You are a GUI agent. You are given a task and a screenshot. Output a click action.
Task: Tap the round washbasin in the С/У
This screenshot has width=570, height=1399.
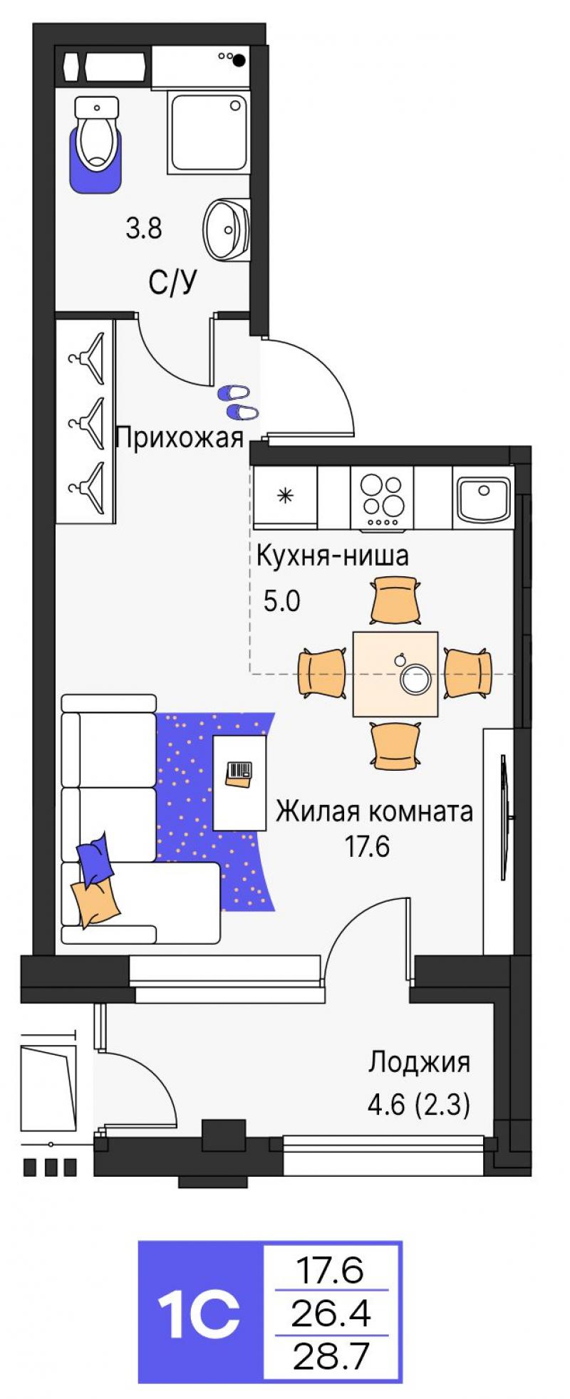coord(227,229)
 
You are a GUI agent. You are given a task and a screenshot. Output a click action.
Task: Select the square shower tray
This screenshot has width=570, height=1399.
coord(209,132)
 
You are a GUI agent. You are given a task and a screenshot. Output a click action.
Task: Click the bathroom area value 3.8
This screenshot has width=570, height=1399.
coord(144,229)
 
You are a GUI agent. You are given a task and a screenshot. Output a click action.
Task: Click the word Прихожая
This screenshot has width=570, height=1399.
coord(180,436)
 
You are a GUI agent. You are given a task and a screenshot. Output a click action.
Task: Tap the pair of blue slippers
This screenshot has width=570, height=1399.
coord(237,402)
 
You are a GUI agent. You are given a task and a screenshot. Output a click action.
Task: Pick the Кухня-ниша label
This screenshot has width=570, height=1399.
coord(332,555)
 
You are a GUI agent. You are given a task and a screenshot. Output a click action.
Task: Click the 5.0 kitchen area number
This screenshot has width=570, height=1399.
coord(282,602)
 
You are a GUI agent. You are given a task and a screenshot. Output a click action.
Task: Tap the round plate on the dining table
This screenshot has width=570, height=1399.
coord(415,678)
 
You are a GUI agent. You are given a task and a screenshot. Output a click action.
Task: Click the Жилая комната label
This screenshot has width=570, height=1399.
coord(375,811)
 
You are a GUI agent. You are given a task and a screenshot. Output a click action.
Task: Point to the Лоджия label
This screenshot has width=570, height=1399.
coord(419,1062)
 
